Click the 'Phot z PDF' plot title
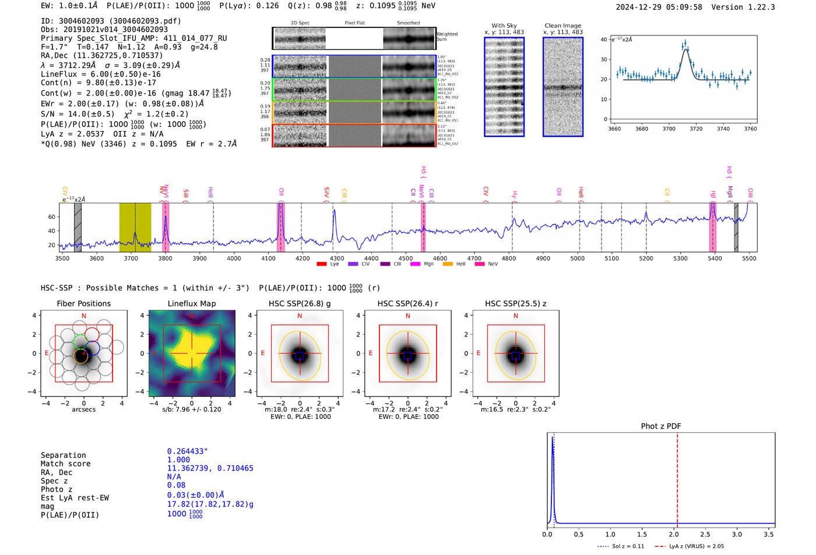pyautogui.click(x=661, y=426)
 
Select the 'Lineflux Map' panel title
pyautogui.click(x=191, y=303)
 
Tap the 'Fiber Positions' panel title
pyautogui.click(x=83, y=303)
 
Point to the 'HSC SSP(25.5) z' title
pyautogui.click(x=515, y=303)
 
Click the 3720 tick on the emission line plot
pyautogui.click(x=696, y=129)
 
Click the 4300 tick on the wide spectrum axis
pyautogui.click(x=337, y=259)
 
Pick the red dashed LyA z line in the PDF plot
pyautogui.click(x=677, y=478)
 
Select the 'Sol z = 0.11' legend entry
pyautogui.click(x=621, y=546)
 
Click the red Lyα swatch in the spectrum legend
pyautogui.click(x=321, y=264)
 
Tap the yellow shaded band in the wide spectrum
pyautogui.click(x=135, y=227)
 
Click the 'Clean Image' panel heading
pyautogui.click(x=562, y=26)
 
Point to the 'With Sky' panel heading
pyautogui.click(x=504, y=26)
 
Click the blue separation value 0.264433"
pyautogui.click(x=187, y=451)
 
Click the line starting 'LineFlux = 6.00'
pyautogui.click(x=100, y=75)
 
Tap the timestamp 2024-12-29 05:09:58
pyautogui.click(x=659, y=7)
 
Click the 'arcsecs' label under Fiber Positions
pyautogui.click(x=83, y=409)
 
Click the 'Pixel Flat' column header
pyautogui.click(x=354, y=23)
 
